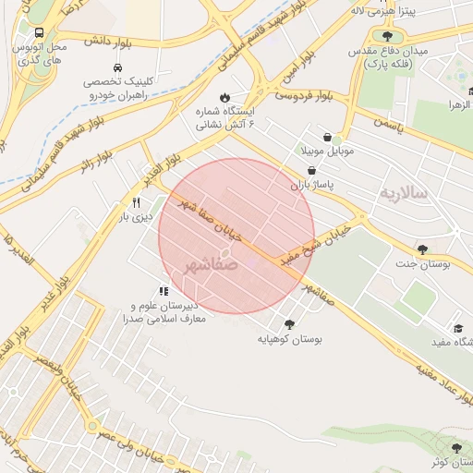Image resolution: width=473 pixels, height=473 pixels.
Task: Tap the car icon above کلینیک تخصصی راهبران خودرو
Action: (x=116, y=68)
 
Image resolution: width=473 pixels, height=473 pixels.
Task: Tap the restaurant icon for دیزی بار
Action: (x=137, y=202)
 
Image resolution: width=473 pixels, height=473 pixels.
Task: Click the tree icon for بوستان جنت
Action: (x=422, y=249)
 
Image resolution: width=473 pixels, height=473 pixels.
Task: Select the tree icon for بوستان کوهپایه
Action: (x=290, y=323)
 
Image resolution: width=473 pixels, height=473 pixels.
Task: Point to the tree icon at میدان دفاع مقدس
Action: (x=374, y=36)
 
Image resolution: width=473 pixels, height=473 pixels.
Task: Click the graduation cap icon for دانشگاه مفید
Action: (x=457, y=328)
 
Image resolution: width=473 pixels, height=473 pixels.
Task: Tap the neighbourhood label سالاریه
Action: (x=403, y=193)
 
